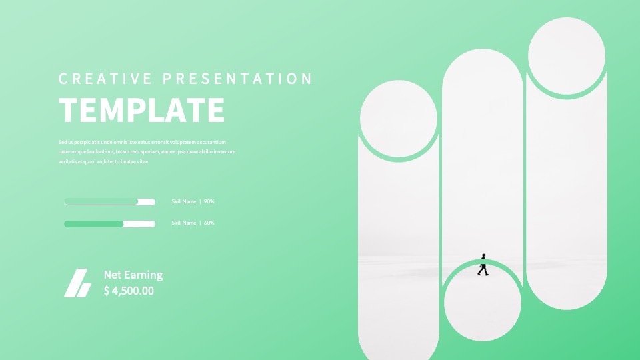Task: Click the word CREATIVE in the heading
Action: click(x=105, y=79)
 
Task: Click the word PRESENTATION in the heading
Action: click(x=237, y=79)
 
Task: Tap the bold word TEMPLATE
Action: click(x=141, y=110)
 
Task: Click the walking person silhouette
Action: click(x=483, y=265)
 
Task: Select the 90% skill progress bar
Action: click(x=109, y=201)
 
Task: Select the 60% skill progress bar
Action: click(x=109, y=224)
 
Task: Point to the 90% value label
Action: click(x=209, y=201)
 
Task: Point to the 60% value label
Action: click(x=209, y=223)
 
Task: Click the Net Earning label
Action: click(x=133, y=275)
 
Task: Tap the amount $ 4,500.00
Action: click(x=129, y=291)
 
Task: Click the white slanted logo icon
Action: click(x=77, y=283)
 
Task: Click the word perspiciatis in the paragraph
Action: click(x=87, y=143)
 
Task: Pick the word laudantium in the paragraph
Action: click(x=100, y=152)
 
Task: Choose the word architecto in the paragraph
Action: click(x=108, y=161)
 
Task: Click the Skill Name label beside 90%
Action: click(x=184, y=201)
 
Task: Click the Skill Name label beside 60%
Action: click(x=184, y=223)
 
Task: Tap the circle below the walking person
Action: click(x=483, y=303)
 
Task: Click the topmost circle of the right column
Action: click(x=567, y=56)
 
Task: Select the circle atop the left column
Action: click(x=399, y=119)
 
